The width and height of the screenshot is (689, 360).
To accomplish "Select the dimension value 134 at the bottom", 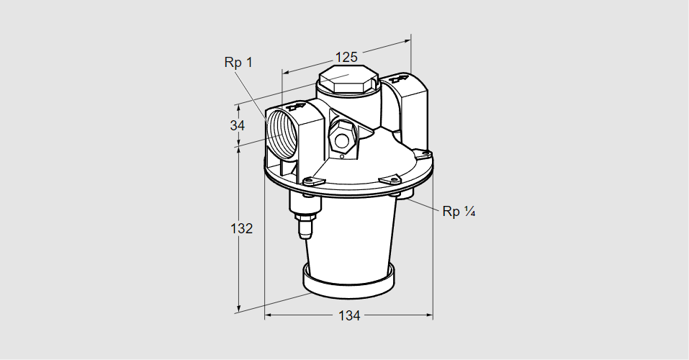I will (348, 316).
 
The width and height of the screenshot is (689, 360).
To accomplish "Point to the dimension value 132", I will (242, 229).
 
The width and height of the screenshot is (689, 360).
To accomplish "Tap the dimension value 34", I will (238, 125).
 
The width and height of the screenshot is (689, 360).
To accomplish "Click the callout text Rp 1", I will (238, 63).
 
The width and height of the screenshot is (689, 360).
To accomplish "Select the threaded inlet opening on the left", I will (280, 133).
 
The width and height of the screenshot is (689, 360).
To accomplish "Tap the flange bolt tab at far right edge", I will (424, 153).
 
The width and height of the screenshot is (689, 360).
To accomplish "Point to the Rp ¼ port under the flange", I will (404, 195).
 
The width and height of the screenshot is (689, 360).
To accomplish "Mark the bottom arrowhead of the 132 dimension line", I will (238, 310).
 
